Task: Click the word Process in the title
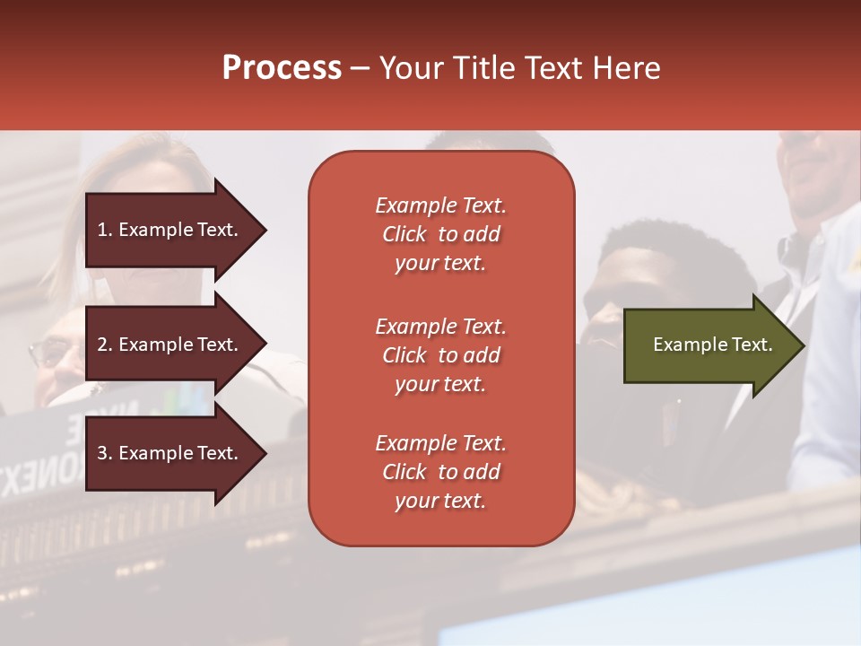click(x=282, y=68)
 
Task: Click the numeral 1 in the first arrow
click(x=102, y=231)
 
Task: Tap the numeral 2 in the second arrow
click(x=102, y=345)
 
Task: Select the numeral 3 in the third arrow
click(x=102, y=453)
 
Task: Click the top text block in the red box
click(x=440, y=234)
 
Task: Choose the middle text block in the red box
click(x=440, y=355)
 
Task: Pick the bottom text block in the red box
click(x=440, y=472)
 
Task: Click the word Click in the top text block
click(x=404, y=234)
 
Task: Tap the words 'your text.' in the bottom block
click(x=440, y=501)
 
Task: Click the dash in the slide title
click(x=360, y=69)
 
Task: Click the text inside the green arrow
click(x=712, y=345)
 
